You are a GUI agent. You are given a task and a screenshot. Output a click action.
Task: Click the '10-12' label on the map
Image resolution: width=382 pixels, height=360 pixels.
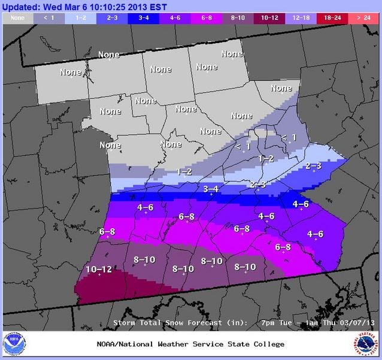99,270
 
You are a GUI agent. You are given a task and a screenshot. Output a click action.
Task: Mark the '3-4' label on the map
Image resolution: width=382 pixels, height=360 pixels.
211,189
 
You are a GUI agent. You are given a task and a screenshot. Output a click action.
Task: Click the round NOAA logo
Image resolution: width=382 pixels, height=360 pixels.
14,344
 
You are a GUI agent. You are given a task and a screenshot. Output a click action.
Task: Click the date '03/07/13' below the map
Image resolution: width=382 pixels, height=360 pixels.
357,323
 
